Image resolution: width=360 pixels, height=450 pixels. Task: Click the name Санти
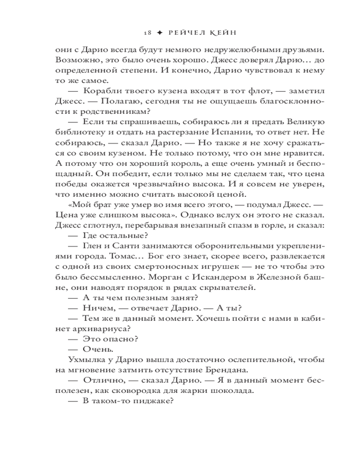(121, 245)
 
